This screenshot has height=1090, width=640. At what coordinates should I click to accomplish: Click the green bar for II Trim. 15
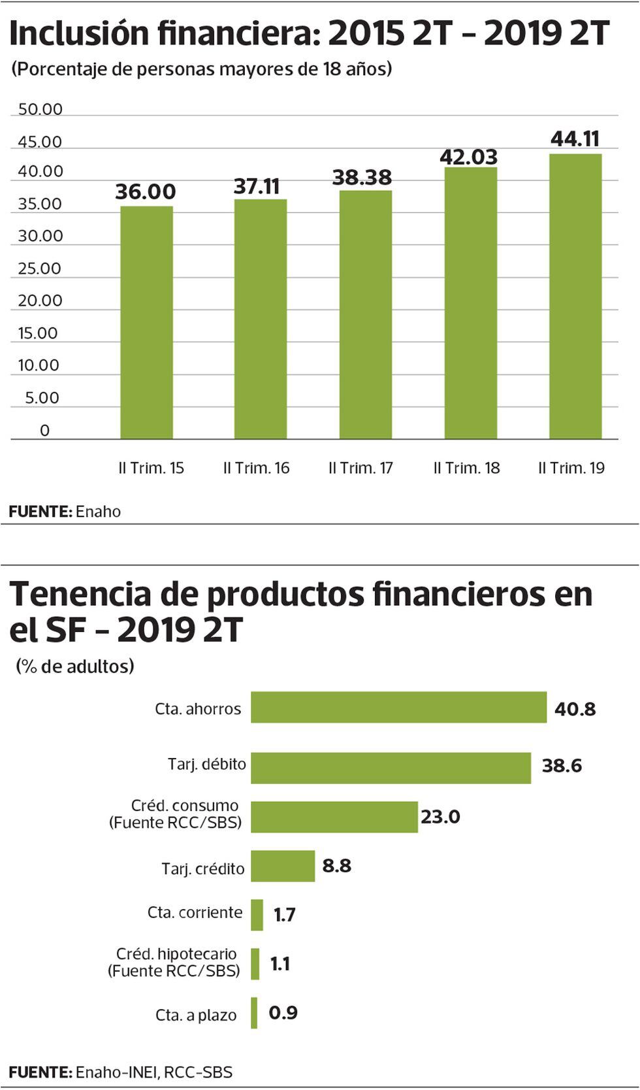tap(146, 322)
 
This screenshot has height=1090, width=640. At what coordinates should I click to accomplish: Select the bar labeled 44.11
tap(575, 296)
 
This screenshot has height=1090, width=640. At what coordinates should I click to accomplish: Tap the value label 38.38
tap(362, 177)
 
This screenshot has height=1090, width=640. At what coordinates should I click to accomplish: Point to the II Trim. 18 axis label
tap(466, 468)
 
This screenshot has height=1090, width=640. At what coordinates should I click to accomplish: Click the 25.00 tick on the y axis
tap(39, 269)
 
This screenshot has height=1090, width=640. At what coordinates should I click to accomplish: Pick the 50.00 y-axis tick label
tap(40, 109)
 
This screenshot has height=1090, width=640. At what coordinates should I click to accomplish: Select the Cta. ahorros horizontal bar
tap(398, 707)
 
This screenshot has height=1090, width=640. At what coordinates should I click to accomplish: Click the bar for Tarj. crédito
tap(283, 866)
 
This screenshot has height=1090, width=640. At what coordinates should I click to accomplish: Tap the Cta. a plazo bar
tap(254, 1013)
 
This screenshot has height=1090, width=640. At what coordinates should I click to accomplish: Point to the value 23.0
tap(440, 817)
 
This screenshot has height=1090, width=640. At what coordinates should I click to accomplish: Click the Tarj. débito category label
tap(207, 764)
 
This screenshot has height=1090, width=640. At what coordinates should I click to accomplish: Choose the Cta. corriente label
tap(195, 912)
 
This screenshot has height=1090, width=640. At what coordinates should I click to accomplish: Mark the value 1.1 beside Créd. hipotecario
tap(280, 964)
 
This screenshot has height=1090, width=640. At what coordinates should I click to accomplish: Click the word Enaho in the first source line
tap(98, 512)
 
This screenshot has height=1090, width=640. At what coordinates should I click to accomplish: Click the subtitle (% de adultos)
tap(74, 667)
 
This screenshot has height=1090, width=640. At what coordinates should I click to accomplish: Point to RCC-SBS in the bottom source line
tap(198, 1072)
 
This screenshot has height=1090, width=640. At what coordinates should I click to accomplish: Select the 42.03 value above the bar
tap(468, 157)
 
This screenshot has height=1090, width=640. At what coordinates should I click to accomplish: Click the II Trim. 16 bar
tap(260, 319)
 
